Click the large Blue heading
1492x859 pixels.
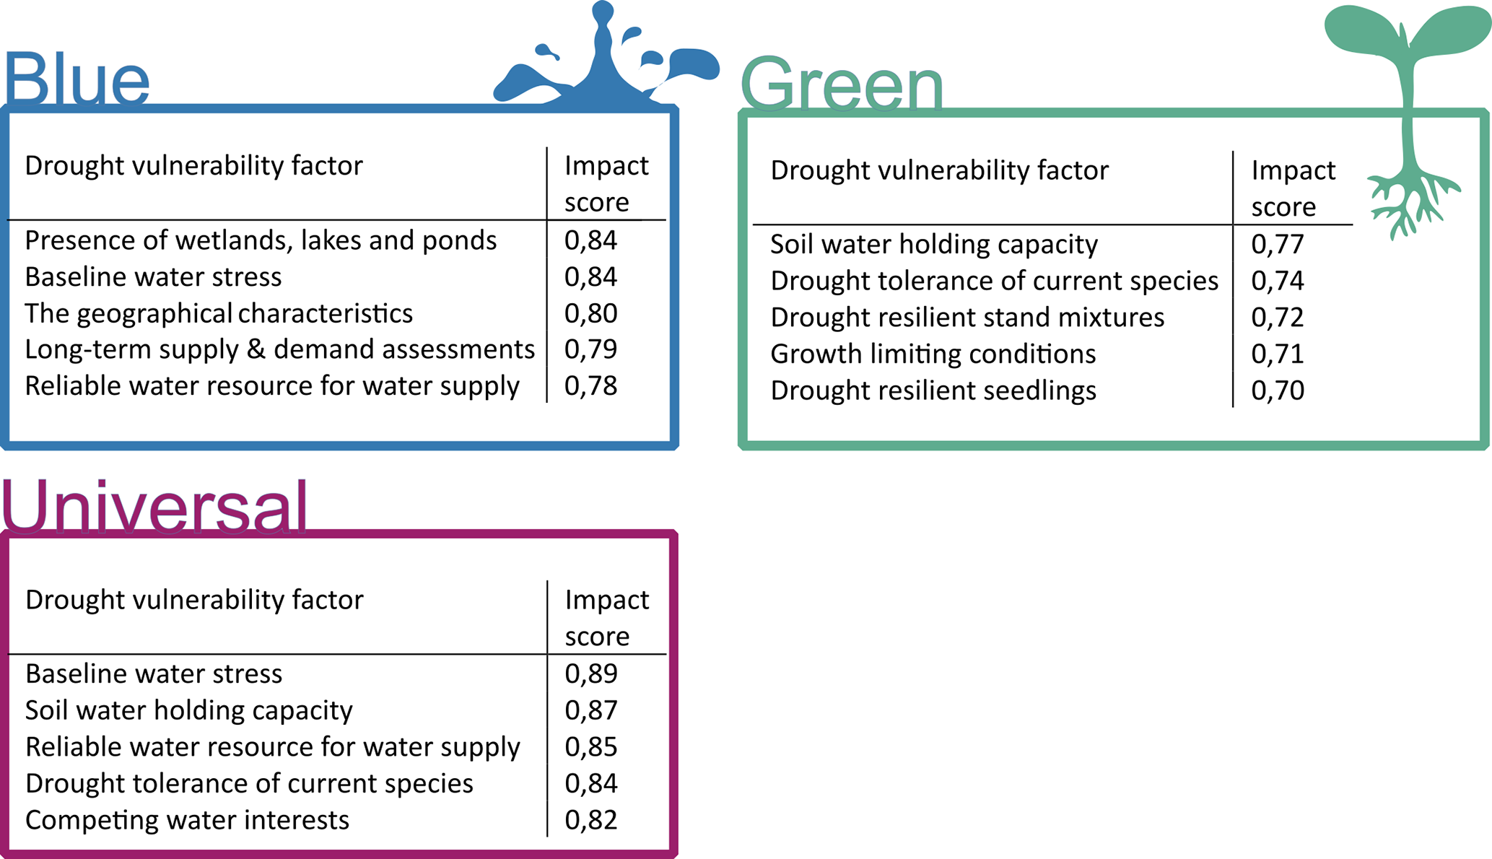[77, 78]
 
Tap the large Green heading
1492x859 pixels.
[842, 84]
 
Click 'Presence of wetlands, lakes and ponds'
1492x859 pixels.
[261, 240]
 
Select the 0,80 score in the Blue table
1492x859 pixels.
[590, 313]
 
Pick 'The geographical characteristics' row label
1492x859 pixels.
[219, 313]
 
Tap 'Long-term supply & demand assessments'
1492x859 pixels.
[280, 349]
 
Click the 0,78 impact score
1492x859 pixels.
[590, 386]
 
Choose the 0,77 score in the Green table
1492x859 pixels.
[1278, 245]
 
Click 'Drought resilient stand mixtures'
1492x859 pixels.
[967, 318]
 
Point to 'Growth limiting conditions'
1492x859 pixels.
[933, 354]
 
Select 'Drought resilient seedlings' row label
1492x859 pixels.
[933, 391]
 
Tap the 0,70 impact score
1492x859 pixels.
[1278, 391]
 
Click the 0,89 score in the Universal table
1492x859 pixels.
[591, 673]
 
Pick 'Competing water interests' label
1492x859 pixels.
[188, 820]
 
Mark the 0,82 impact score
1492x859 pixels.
[591, 820]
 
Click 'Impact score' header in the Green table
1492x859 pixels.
[1293, 188]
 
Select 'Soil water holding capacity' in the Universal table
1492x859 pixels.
[189, 710]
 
